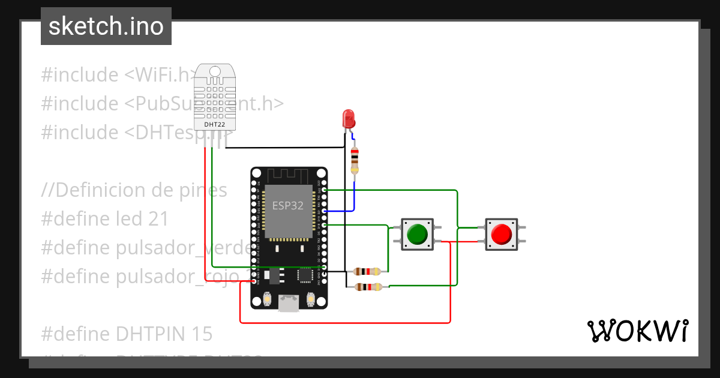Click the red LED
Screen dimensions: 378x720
pos(348,118)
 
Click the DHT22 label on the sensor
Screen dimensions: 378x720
pos(214,124)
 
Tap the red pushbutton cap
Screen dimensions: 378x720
pos(500,234)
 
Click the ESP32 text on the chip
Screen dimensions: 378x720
pos(288,205)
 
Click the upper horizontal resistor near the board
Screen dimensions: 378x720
pos(367,271)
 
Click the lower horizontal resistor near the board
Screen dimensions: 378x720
pos(367,287)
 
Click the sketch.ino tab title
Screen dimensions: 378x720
pos(106,26)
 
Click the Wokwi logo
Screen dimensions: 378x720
pos(637,331)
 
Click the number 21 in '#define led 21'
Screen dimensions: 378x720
pos(158,219)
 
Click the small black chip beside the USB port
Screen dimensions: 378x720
pos(305,275)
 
